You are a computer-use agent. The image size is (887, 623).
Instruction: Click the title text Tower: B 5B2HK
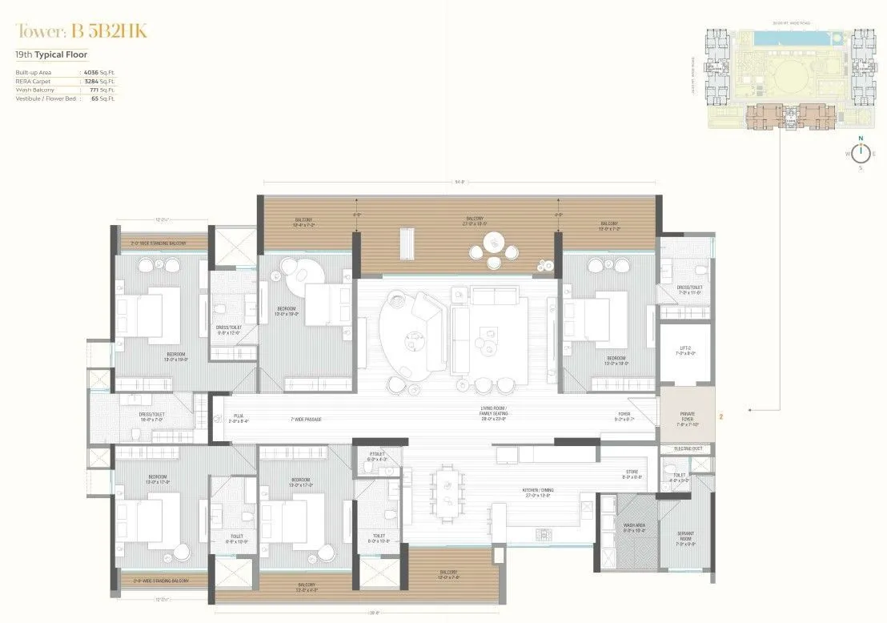(x=82, y=31)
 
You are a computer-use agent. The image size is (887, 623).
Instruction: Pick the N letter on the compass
(x=861, y=138)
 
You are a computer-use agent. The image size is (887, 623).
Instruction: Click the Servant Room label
(x=686, y=534)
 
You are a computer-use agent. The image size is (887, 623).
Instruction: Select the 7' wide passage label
(x=306, y=418)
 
